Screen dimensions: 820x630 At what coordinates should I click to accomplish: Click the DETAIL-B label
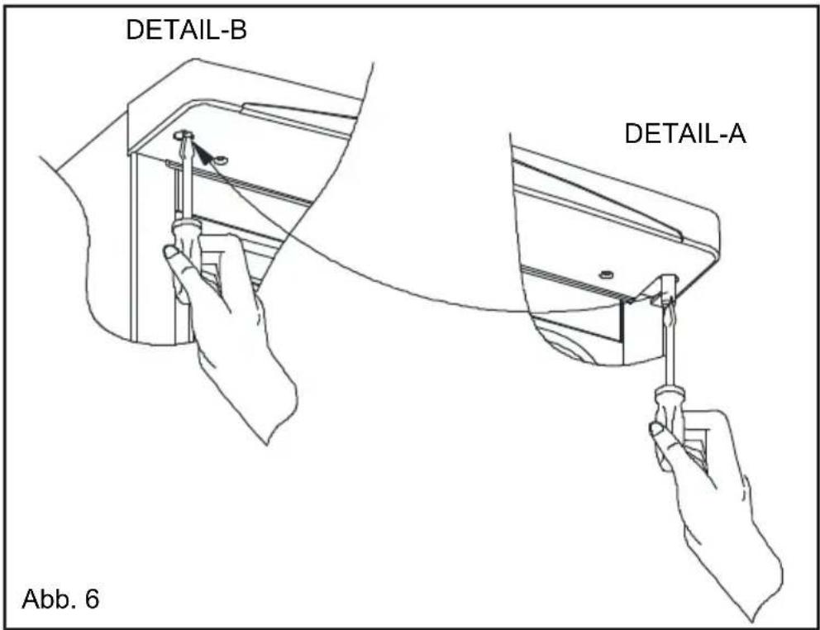186,31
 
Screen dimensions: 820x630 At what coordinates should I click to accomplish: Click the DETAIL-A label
685,134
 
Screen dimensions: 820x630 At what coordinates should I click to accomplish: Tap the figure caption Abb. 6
60,598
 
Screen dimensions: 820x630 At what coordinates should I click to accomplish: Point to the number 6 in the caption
91,598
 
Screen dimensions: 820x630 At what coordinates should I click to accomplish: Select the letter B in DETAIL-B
238,31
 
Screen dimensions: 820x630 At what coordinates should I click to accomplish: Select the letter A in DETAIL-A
737,134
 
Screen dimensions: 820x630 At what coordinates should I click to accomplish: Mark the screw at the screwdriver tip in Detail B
183,136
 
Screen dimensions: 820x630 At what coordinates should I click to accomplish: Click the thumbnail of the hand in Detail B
171,253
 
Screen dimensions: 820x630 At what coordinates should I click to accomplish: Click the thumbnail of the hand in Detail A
656,429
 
